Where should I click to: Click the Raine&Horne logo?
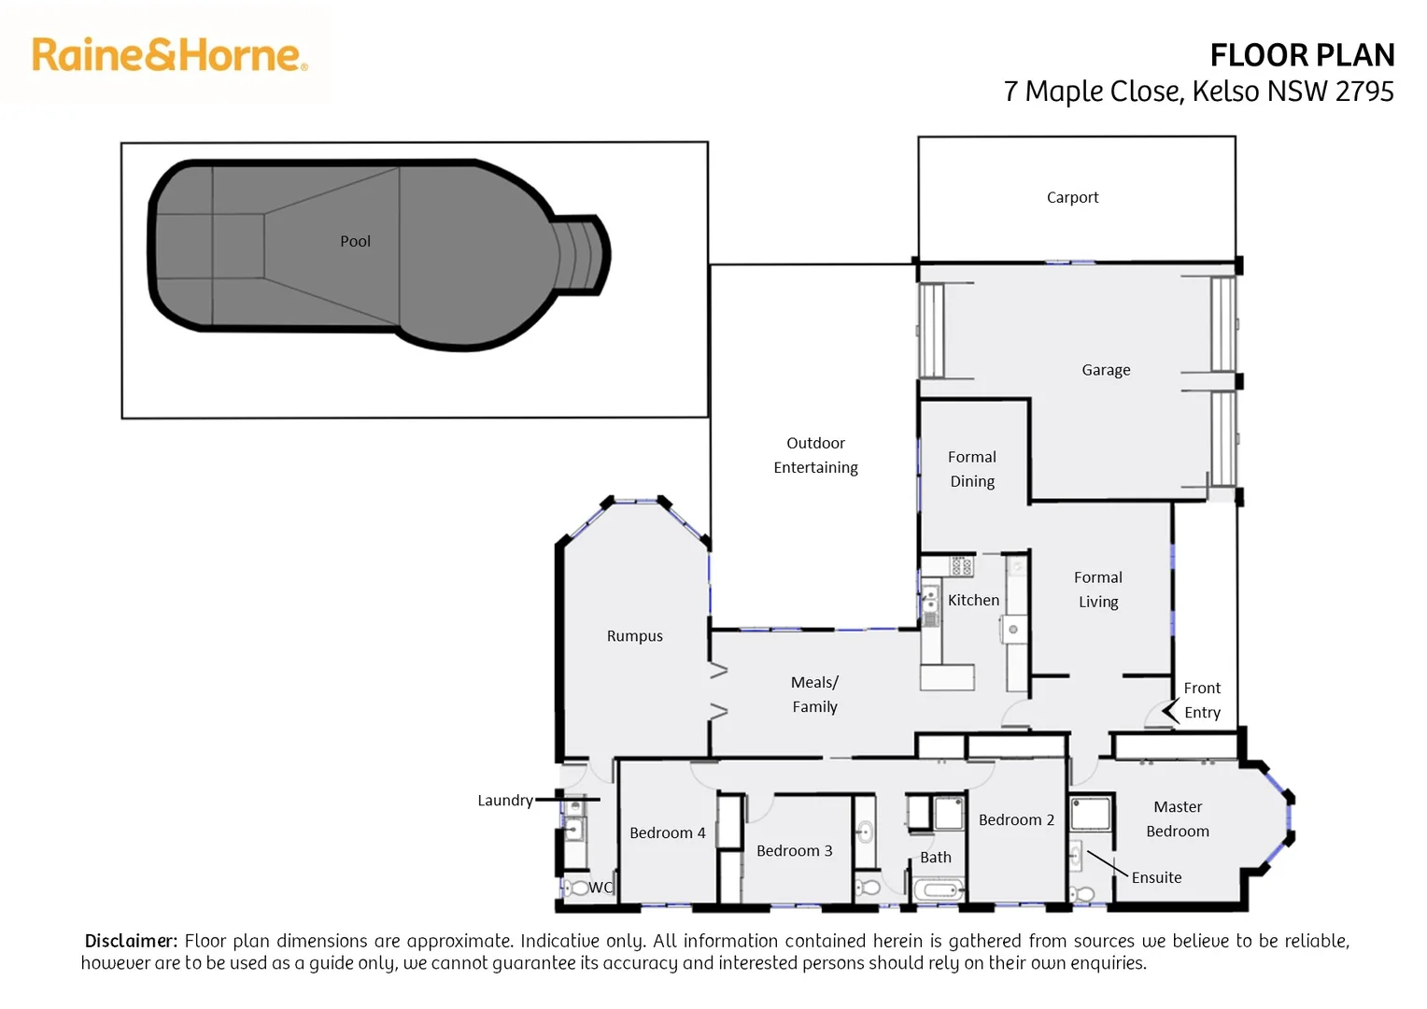(x=169, y=55)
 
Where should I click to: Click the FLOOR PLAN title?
(x=1301, y=56)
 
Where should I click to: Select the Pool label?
(x=355, y=241)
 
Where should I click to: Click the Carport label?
(x=1072, y=198)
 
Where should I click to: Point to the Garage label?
(x=1106, y=370)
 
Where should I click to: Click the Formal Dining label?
(x=972, y=469)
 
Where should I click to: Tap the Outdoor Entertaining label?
(x=815, y=455)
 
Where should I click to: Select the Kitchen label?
(x=973, y=600)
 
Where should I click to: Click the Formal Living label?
(x=1098, y=590)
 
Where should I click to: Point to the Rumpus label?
(x=634, y=636)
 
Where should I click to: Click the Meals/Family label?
(x=814, y=694)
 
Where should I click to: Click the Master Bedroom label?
(x=1178, y=818)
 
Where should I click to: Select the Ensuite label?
(x=1156, y=877)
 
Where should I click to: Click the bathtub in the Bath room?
(x=939, y=889)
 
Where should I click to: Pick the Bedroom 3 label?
(x=794, y=851)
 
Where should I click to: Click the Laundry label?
(x=504, y=801)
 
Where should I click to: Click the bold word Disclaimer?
(x=131, y=941)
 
